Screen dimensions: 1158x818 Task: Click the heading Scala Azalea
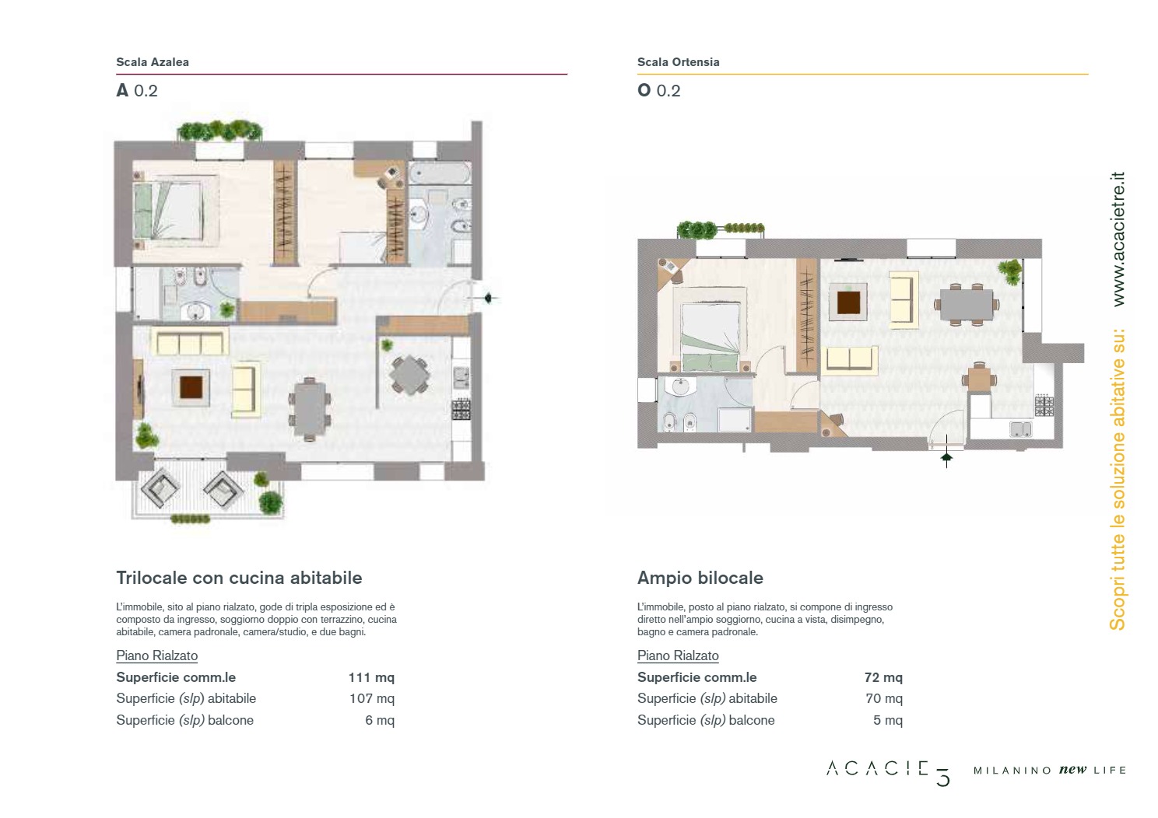(x=153, y=62)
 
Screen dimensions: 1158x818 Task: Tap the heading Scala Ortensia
(x=679, y=62)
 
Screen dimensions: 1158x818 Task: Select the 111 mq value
(x=371, y=677)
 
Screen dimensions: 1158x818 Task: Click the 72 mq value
(x=883, y=677)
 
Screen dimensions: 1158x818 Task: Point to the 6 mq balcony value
(x=380, y=720)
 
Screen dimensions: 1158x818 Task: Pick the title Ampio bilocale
(x=700, y=578)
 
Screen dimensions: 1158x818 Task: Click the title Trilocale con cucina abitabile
(x=239, y=578)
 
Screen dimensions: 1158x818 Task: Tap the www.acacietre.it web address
(x=1118, y=239)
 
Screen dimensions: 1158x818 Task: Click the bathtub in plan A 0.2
(x=440, y=173)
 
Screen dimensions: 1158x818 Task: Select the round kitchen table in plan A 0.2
(x=409, y=375)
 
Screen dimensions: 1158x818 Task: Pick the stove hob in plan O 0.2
(x=1044, y=406)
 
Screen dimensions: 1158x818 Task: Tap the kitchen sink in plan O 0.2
(x=1020, y=429)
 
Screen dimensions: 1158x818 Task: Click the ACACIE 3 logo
(x=889, y=773)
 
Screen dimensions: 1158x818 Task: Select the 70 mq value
(x=884, y=699)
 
